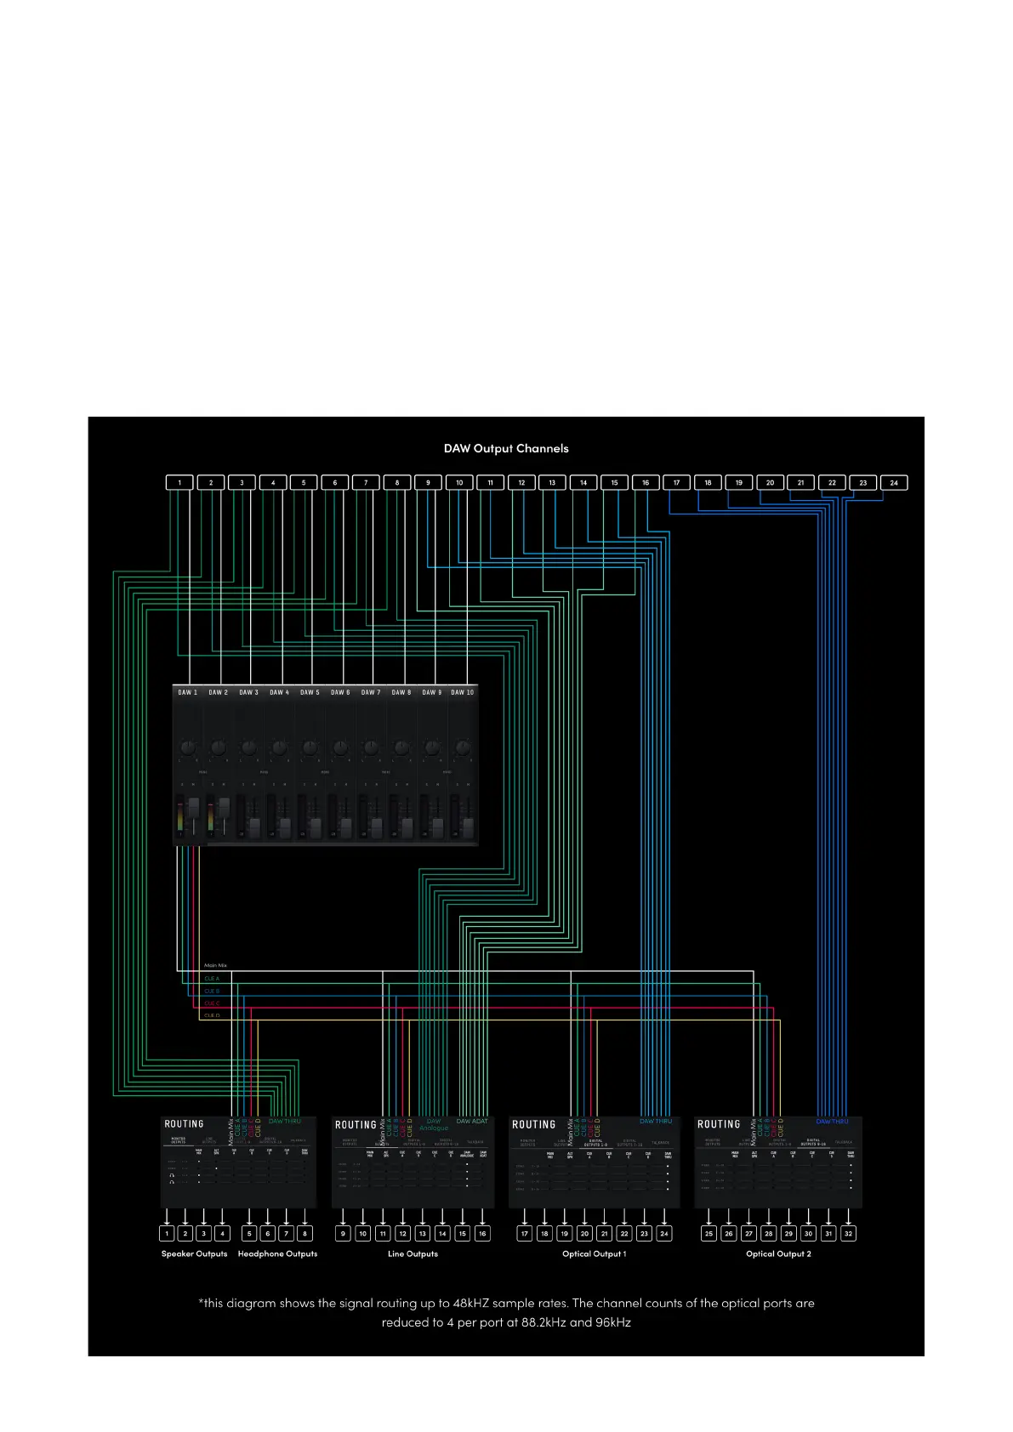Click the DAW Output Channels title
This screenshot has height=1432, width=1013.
(506, 448)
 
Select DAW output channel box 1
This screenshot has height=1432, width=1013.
(179, 482)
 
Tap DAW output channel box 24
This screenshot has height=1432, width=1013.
(894, 482)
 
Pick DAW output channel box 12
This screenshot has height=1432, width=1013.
(521, 482)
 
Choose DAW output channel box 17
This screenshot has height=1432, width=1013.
(676, 482)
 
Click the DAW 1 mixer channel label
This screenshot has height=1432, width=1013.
(187, 692)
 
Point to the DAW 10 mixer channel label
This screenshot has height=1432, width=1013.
(463, 692)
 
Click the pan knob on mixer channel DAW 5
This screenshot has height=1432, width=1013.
(309, 747)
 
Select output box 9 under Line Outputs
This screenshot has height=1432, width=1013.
(344, 1233)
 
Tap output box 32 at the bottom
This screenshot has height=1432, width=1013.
(848, 1233)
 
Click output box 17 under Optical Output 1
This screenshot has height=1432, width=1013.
(525, 1233)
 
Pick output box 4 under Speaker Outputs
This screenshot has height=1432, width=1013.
(222, 1233)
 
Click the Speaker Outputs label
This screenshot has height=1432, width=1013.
(195, 1253)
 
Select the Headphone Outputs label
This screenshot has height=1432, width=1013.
(277, 1253)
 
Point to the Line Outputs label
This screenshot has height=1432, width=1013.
(413, 1253)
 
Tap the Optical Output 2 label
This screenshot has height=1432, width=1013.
(778, 1253)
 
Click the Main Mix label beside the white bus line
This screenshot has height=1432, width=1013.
(215, 965)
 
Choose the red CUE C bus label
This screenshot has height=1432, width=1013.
(212, 1003)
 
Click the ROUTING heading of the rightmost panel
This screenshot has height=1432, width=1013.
(719, 1124)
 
